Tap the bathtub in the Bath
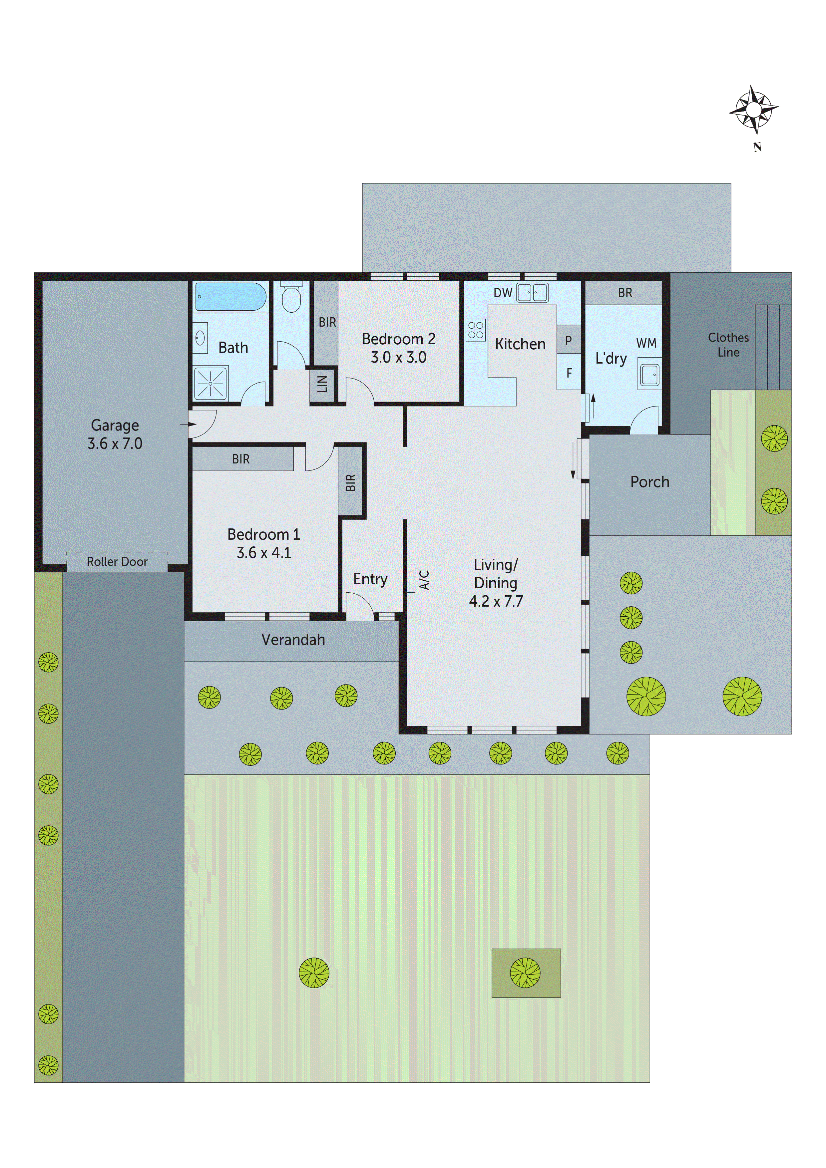click(230, 297)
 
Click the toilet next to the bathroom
click(291, 298)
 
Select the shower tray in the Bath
click(210, 383)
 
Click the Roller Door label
click(117, 562)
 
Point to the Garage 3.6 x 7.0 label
click(115, 434)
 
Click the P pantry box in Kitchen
click(569, 340)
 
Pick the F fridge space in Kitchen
click(569, 373)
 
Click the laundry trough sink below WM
click(649, 375)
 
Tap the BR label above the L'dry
click(624, 293)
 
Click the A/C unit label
click(424, 579)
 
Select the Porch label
click(649, 482)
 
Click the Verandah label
click(293, 640)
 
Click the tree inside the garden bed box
click(525, 972)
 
